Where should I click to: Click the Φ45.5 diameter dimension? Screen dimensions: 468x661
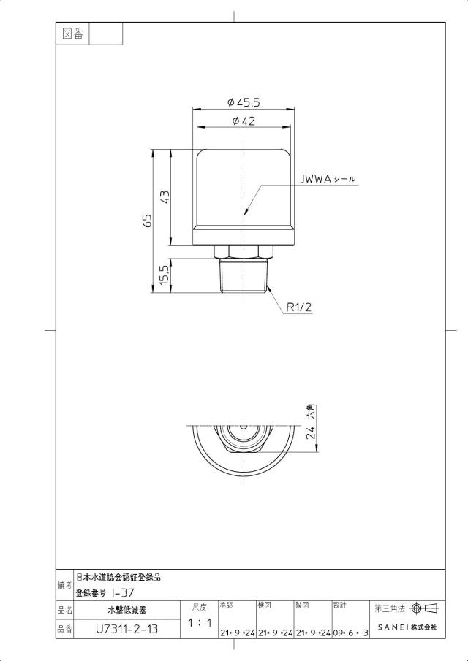243,102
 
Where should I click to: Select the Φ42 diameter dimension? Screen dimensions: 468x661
244,121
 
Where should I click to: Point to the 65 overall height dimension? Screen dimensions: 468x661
147,221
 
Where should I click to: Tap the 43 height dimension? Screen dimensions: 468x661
165,197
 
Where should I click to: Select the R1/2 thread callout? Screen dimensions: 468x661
299,307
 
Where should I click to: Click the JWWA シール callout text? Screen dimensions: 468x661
328,179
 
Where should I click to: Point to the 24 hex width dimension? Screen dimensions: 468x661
311,433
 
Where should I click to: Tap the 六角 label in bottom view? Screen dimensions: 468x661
311,411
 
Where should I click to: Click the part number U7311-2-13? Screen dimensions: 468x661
127,629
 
